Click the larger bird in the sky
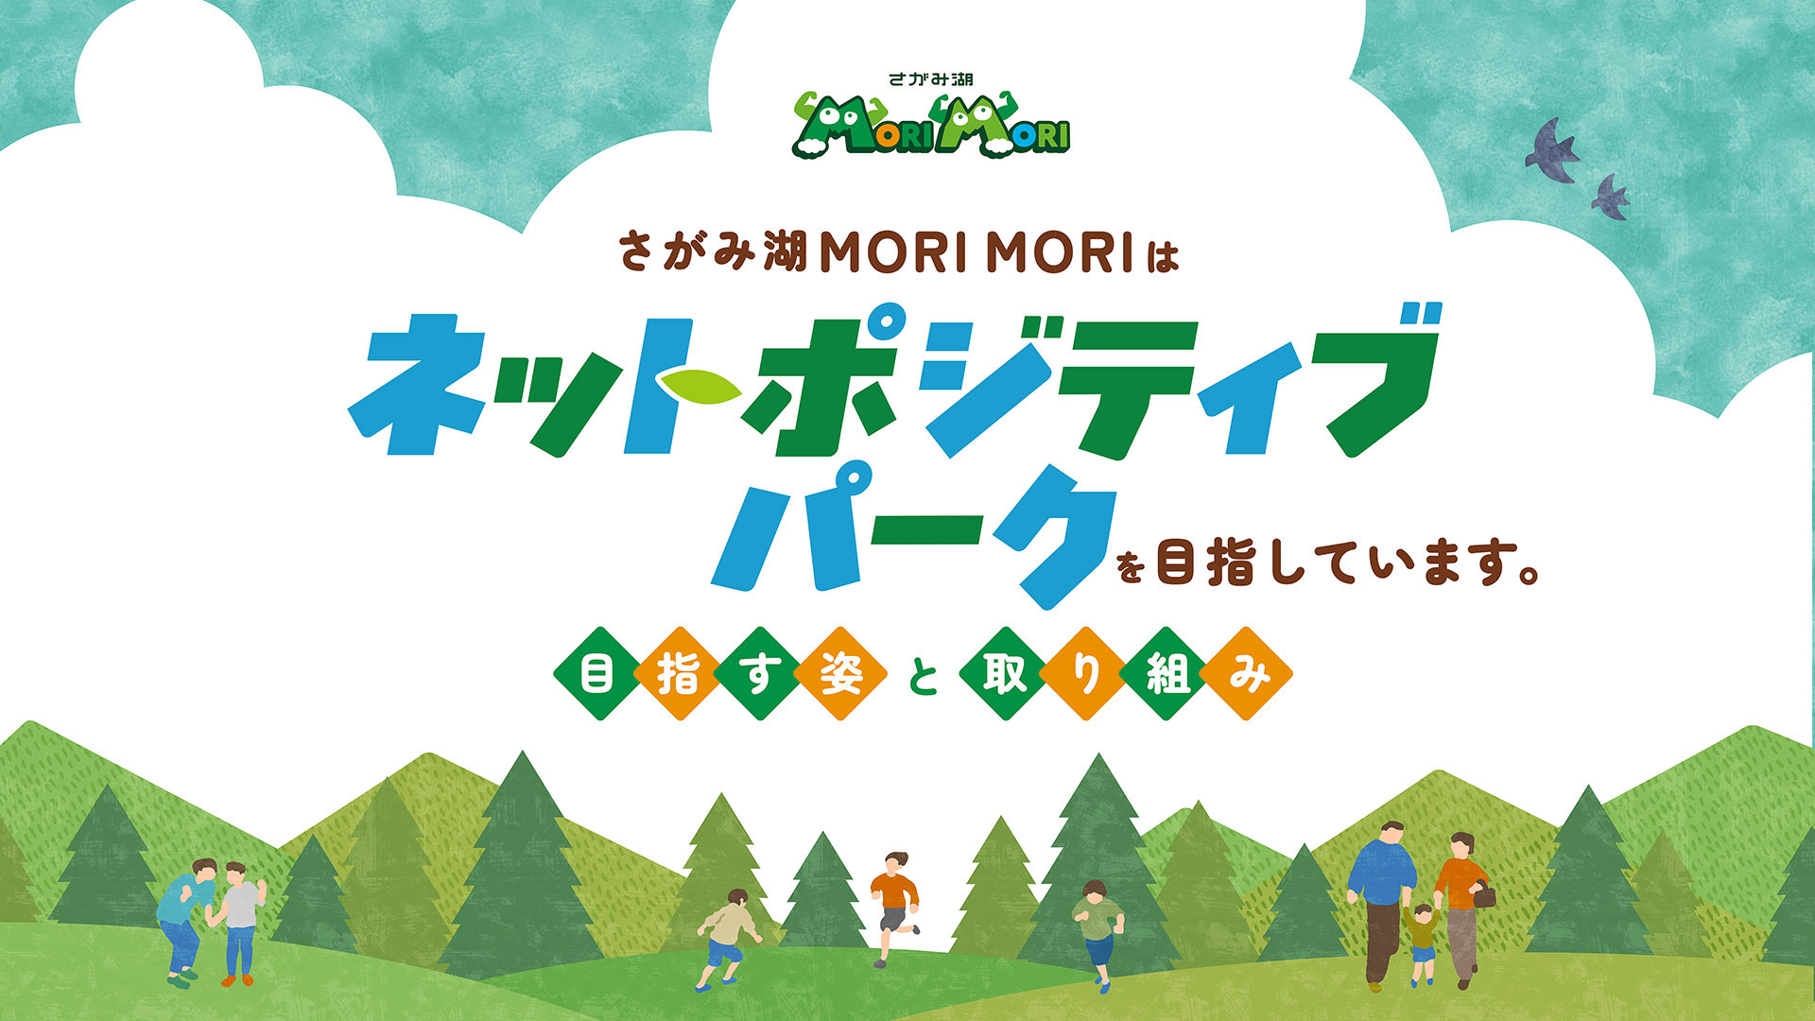pyautogui.click(x=1551, y=151)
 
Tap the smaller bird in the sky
pyautogui.click(x=1610, y=198)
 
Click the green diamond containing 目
pyautogui.click(x=598, y=674)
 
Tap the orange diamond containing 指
pyautogui.click(x=679, y=674)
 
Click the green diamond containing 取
pyautogui.click(x=1005, y=674)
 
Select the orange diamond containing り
pyautogui.click(x=1085, y=674)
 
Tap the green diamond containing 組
pyautogui.click(x=1166, y=674)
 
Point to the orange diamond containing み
pyautogui.click(x=1247, y=674)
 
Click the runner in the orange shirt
pyautogui.click(x=893, y=906)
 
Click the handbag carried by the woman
pyautogui.click(x=1484, y=894)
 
